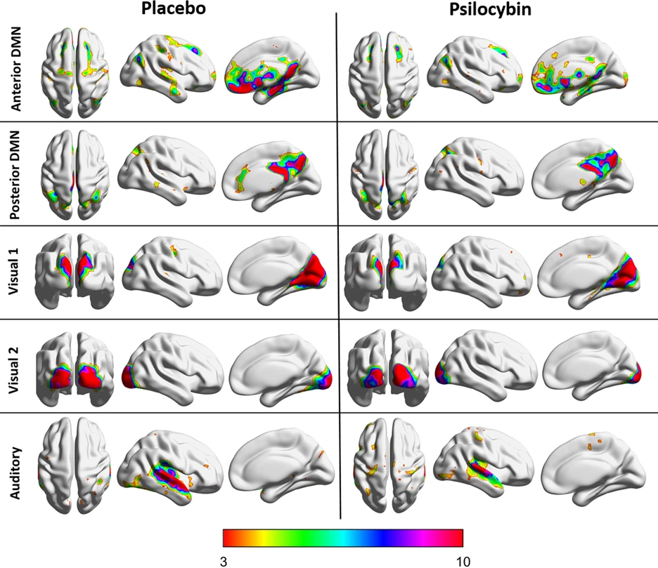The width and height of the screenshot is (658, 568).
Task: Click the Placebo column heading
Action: pos(174,8)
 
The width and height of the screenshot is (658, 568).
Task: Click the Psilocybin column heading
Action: pos(490,9)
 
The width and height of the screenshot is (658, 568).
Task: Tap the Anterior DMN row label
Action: pos(15,70)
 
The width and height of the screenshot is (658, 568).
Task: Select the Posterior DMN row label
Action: pos(15,175)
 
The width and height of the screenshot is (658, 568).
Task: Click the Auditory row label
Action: pos(15,473)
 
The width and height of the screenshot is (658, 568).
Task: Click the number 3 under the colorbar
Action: pos(224,561)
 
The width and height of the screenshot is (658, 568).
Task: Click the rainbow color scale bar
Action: pos(343,539)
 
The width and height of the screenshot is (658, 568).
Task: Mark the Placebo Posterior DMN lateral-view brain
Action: pos(167,171)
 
